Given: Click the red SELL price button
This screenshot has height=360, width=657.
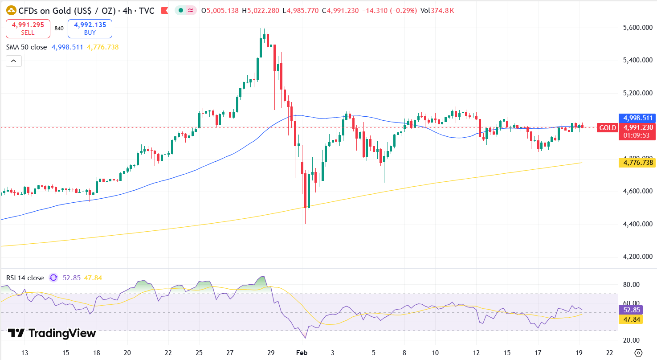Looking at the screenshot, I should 28,29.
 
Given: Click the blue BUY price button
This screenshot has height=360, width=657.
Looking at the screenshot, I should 90,29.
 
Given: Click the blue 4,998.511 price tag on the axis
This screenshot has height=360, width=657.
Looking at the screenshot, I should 637,119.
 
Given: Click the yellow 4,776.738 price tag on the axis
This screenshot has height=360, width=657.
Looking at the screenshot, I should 637,163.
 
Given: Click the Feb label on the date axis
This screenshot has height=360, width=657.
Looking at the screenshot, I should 302,353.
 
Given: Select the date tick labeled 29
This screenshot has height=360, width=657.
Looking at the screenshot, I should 270,353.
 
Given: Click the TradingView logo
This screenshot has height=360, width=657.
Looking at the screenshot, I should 52,333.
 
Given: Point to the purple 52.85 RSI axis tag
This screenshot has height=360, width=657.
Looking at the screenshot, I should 630,310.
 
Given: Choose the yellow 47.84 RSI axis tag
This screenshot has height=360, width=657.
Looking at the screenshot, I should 630,319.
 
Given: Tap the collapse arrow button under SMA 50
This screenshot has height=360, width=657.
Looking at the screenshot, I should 14,61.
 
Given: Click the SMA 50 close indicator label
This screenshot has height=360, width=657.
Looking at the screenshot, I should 26,47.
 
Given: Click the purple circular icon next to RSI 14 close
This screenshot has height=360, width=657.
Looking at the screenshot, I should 53,278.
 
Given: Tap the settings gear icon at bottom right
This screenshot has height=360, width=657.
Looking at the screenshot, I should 638,353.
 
